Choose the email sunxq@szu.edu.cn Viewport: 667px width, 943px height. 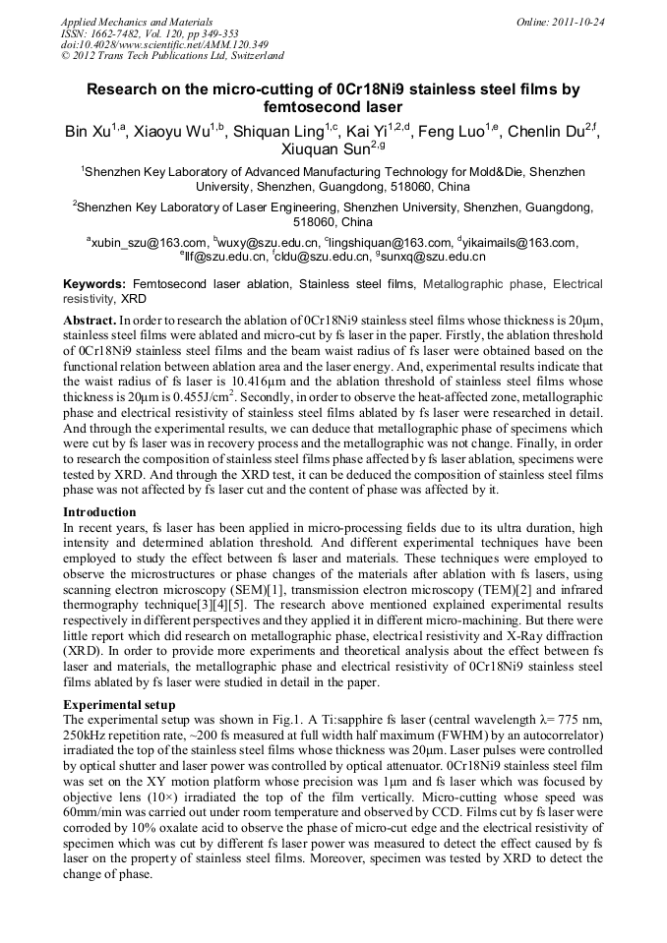(x=434, y=257)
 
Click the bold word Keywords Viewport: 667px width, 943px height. (x=93, y=283)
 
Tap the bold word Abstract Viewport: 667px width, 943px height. (x=88, y=321)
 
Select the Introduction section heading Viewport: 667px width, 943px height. (x=99, y=512)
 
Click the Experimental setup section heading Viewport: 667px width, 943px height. (x=119, y=705)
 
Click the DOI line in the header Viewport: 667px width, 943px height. (x=164, y=45)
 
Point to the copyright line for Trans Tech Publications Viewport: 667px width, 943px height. (x=172, y=56)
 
